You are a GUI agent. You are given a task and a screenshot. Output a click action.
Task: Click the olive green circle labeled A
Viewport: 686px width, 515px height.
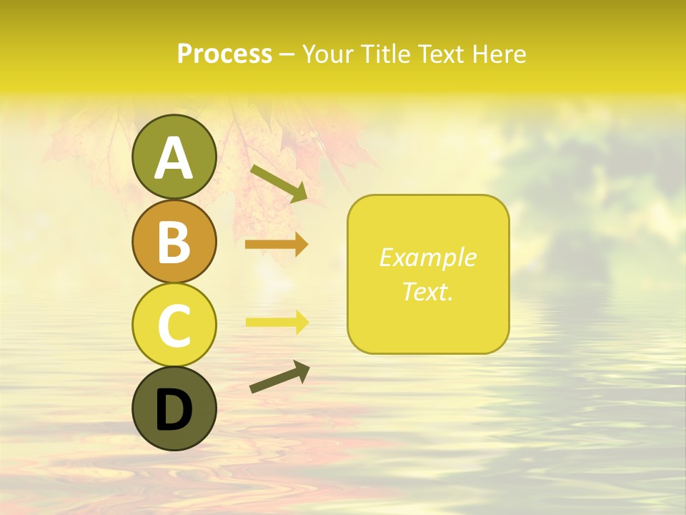(174, 157)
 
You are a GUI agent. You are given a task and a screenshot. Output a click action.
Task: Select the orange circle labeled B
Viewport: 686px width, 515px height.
(174, 241)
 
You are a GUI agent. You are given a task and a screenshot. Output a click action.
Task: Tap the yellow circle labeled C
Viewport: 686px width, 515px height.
(174, 324)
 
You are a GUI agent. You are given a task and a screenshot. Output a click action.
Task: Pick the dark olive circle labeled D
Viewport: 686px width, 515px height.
(174, 408)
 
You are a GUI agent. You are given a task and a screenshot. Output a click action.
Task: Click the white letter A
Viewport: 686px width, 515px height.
(174, 158)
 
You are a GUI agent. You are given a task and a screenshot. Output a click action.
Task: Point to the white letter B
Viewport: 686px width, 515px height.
(174, 242)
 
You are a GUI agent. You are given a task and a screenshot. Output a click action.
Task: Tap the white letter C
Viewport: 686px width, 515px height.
(174, 325)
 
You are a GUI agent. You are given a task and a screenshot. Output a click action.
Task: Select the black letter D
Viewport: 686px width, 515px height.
(174, 410)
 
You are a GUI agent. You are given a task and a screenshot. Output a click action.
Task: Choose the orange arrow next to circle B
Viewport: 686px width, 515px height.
(277, 245)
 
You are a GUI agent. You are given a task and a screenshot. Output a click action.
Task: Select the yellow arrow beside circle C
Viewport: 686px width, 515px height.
(277, 321)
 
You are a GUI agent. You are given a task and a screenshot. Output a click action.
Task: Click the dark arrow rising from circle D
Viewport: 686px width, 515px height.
(279, 376)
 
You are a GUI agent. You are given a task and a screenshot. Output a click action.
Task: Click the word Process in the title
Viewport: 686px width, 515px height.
(224, 54)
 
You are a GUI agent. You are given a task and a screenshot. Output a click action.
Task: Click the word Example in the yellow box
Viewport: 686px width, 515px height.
(428, 257)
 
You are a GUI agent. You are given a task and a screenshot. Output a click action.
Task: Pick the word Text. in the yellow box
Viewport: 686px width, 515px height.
(428, 291)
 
